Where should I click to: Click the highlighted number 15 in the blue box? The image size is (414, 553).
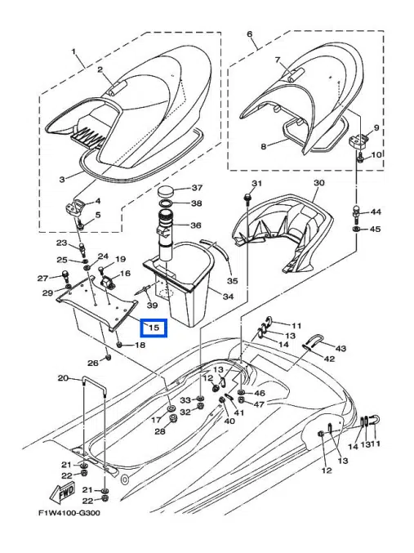click(x=153, y=328)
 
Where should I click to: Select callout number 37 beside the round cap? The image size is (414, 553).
click(x=197, y=189)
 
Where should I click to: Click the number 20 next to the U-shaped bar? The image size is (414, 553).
click(x=63, y=378)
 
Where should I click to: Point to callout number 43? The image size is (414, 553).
click(x=341, y=349)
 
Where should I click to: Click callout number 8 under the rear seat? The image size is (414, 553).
click(x=264, y=146)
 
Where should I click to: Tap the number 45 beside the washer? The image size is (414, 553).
click(x=376, y=230)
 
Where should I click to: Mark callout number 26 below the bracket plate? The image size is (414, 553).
click(x=93, y=362)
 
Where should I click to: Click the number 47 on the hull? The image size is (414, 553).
click(x=259, y=404)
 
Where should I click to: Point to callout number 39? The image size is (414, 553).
click(x=151, y=304)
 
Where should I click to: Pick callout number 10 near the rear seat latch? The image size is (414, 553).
click(x=376, y=155)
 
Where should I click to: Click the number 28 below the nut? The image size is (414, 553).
click(x=160, y=430)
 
